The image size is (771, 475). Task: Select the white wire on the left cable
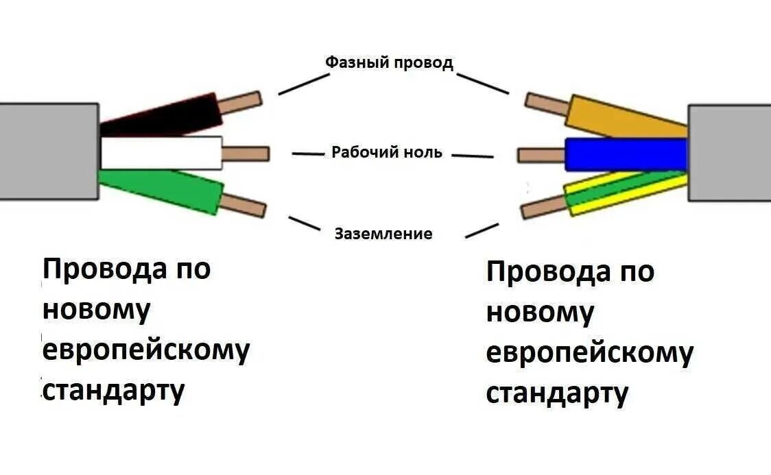[161, 152]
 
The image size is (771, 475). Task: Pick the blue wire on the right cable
[625, 154]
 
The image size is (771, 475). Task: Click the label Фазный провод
[389, 62]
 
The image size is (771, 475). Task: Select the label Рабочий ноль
[387, 151]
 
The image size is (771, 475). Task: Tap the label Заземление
[383, 234]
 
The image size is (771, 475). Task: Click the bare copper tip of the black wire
[241, 103]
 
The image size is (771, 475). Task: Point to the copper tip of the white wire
[246, 154]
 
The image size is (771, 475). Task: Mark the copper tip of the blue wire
[541, 155]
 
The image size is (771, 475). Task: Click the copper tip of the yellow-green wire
[543, 206]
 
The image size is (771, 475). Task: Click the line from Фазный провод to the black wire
[304, 84]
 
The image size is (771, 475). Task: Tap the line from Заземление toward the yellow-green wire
[482, 230]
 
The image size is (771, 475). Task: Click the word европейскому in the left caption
[146, 350]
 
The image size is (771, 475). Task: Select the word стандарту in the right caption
[557, 394]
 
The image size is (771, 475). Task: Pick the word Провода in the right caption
[548, 272]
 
